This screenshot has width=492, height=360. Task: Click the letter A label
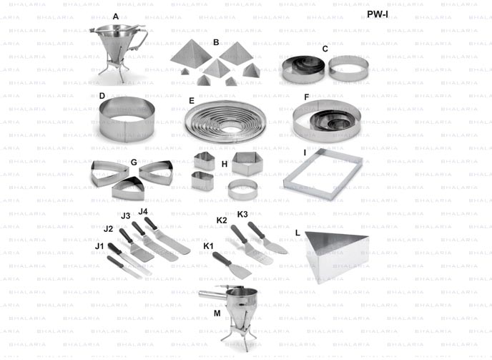coord(116,16)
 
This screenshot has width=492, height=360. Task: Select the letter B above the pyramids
coord(215,43)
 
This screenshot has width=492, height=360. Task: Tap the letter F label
coord(307,97)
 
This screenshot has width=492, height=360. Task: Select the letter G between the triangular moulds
coord(134,162)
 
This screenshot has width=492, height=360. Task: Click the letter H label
coord(224,164)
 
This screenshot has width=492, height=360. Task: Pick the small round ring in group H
coord(238,189)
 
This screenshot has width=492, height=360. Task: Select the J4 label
coord(142,212)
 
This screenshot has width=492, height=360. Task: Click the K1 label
coord(208,245)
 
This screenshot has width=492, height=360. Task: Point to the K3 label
coord(242,214)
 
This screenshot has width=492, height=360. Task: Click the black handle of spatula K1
coord(222,258)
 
